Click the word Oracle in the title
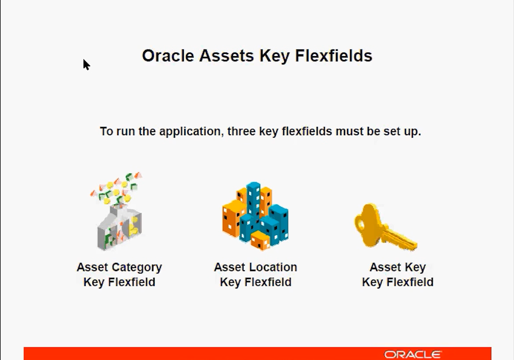(168, 55)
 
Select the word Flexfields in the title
(334, 55)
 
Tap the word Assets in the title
(227, 55)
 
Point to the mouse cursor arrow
(86, 64)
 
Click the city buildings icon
(255, 216)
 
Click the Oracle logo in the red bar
(413, 354)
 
